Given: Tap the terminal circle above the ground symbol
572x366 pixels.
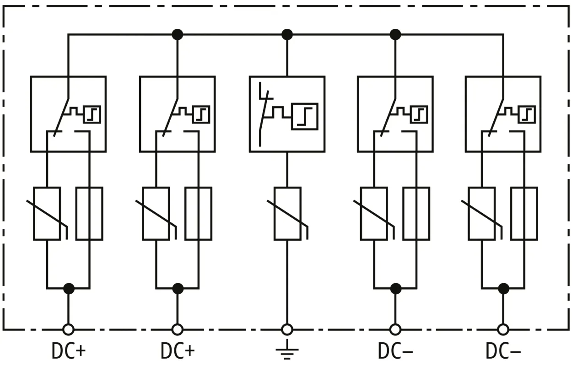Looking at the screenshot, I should [x=287, y=329].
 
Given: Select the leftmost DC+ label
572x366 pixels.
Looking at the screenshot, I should [x=69, y=351].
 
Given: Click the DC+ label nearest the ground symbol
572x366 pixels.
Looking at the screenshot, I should [x=178, y=351].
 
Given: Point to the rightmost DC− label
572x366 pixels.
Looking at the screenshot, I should [x=503, y=351].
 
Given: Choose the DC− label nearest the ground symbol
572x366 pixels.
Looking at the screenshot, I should [x=395, y=351].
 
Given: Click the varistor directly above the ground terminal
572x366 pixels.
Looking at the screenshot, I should [x=287, y=213].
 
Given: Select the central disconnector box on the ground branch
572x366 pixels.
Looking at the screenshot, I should [x=287, y=114].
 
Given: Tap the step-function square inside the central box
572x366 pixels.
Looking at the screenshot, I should [x=305, y=117].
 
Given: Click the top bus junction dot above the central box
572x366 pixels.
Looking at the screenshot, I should [x=287, y=34].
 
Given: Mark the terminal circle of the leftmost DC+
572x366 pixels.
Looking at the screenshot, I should [x=69, y=329].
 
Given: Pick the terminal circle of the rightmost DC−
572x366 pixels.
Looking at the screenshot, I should [x=503, y=329].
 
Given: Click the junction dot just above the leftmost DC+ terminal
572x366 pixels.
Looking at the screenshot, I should [x=69, y=288].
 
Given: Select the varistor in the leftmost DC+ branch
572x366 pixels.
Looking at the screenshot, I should [x=47, y=213].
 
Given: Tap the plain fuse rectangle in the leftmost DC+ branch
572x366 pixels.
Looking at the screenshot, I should [x=89, y=213].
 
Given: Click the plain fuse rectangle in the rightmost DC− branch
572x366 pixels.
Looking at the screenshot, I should [x=524, y=213].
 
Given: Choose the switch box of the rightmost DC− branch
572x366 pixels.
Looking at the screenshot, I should [x=503, y=114].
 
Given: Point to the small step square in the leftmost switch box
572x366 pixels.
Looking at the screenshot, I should [x=92, y=114].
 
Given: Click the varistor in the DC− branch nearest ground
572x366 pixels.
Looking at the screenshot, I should [x=374, y=213].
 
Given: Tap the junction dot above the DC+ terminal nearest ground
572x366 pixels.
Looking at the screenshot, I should [x=178, y=288].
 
